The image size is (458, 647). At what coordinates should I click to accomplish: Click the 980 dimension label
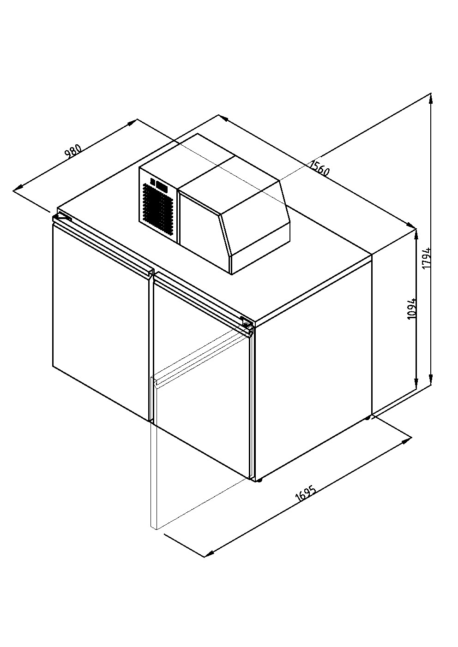73,151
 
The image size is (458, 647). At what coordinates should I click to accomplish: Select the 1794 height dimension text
427,258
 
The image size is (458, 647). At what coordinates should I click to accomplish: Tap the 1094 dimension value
412,309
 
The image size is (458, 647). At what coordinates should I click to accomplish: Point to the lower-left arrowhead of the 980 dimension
18,188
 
